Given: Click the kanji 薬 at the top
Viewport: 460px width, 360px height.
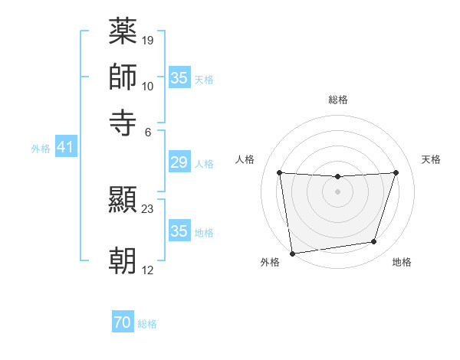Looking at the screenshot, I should [x=123, y=33].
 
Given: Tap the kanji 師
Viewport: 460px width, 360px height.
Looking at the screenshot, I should [x=123, y=77].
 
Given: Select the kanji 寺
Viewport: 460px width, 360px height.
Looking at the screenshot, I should [x=123, y=121].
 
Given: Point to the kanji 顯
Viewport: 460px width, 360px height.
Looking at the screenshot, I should [x=123, y=201].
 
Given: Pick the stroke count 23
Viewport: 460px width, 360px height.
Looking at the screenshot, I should [x=148, y=208].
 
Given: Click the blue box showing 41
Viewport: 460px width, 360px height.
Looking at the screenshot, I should [x=64, y=147].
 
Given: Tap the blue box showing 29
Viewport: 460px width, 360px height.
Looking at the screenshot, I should [x=179, y=162].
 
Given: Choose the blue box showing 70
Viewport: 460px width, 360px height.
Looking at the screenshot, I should [x=123, y=323].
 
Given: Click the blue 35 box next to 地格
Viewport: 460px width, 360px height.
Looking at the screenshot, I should [x=179, y=231].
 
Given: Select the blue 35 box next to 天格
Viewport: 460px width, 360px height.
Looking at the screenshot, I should [x=179, y=78].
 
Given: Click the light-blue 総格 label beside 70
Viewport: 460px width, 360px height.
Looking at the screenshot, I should [x=147, y=324].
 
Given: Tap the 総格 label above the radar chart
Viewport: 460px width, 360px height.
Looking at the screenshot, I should [x=337, y=100].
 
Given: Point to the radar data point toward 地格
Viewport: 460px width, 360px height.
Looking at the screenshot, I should [x=374, y=242].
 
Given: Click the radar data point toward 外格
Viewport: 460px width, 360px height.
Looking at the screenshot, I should [x=291, y=253].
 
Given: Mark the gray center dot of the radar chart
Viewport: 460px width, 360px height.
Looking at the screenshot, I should [x=337, y=191].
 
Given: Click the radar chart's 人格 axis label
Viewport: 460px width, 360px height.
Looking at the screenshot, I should [x=245, y=159].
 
